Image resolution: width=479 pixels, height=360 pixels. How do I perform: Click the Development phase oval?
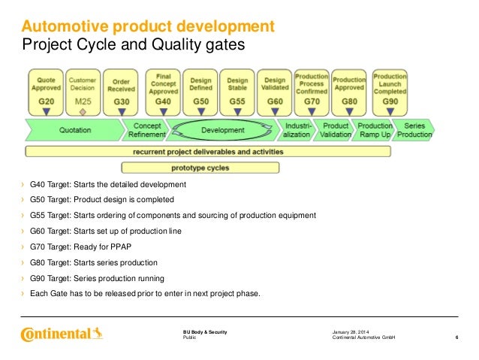click(223, 131)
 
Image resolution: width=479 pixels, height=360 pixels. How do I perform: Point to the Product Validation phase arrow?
click(335, 131)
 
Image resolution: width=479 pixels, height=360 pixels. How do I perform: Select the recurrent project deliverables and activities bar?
click(208, 152)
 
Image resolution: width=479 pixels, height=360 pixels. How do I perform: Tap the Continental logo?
click(62, 332)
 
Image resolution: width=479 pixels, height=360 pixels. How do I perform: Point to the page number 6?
click(457, 339)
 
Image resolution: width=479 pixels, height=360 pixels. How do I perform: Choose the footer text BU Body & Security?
click(205, 332)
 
